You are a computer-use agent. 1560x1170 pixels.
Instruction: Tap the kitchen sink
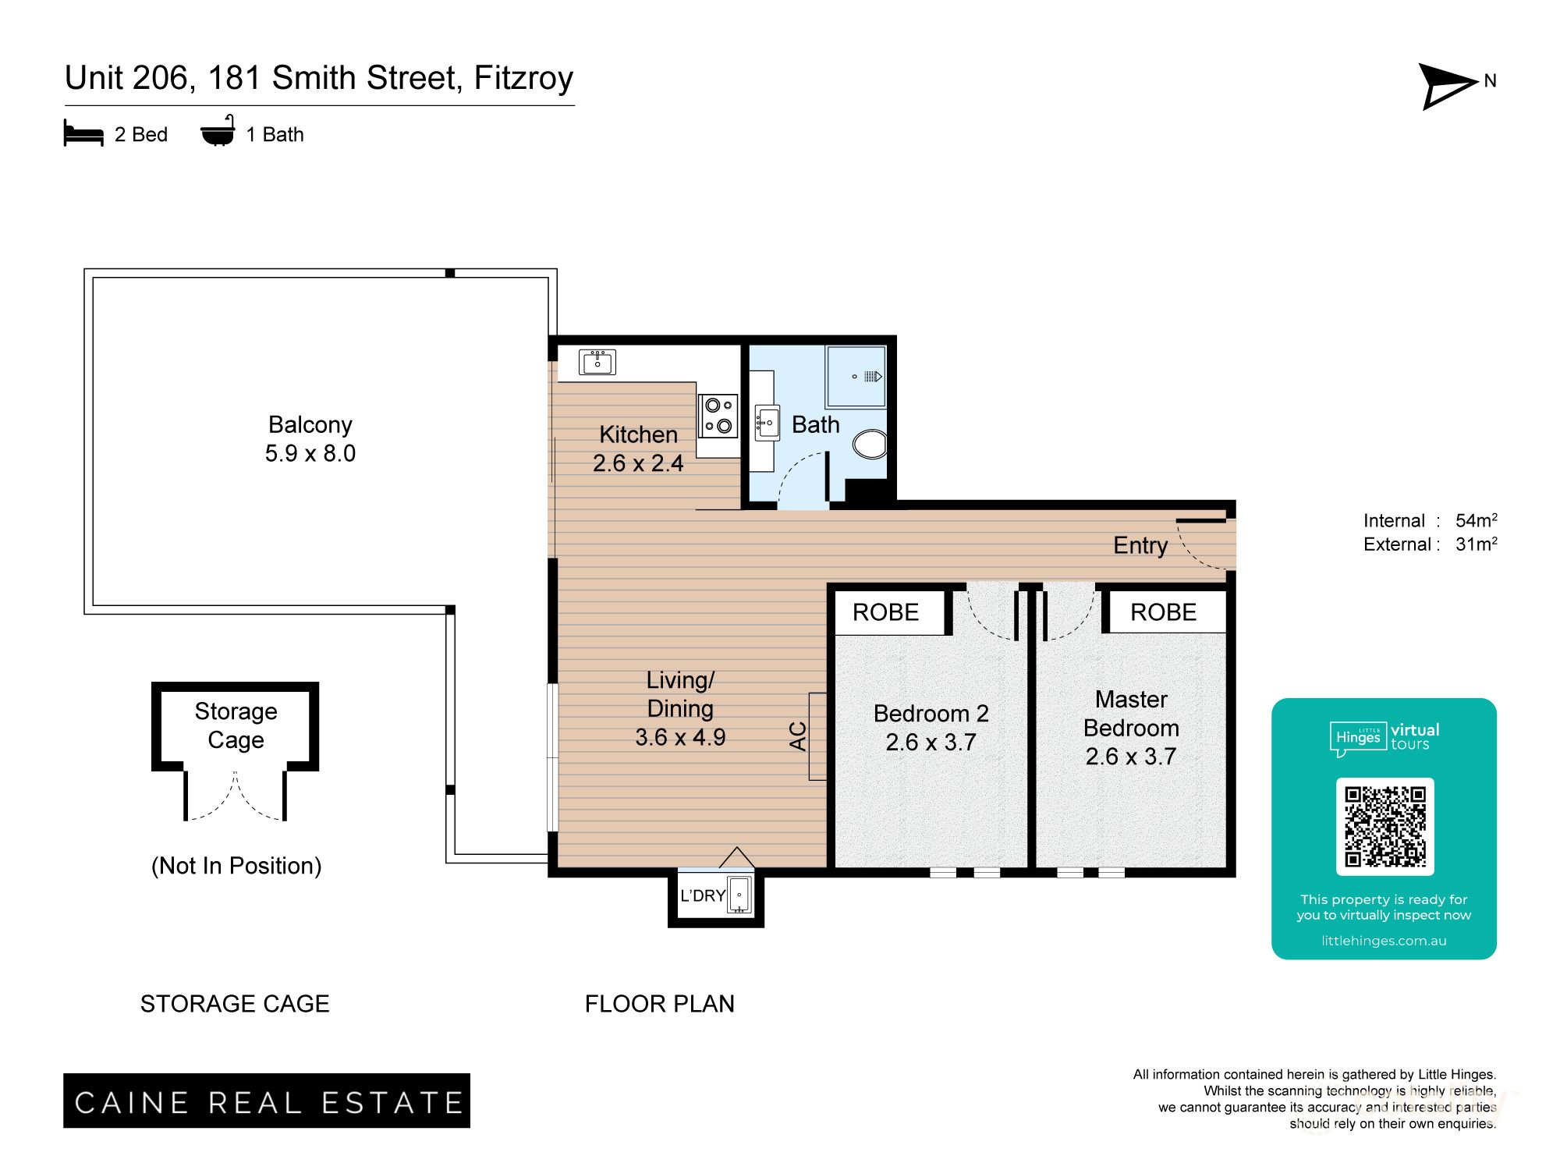coord(597,362)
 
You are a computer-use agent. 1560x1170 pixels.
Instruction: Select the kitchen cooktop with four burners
coord(718,415)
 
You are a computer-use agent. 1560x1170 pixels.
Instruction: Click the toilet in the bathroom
coord(870,444)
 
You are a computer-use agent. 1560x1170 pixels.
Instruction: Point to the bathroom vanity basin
coord(767,423)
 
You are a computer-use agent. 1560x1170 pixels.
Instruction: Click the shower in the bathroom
coord(856,377)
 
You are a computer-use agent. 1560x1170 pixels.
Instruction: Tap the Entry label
coord(1140,545)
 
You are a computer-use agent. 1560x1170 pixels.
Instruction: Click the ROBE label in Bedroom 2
coord(885,612)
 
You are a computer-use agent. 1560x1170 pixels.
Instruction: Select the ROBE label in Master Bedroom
coord(1163,612)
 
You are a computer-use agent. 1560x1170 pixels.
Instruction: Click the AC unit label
coord(797,736)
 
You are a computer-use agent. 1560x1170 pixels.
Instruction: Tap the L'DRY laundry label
coord(703,896)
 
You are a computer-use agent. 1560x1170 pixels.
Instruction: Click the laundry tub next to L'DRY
coord(739,895)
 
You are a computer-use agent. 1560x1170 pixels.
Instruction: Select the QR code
coord(1384,827)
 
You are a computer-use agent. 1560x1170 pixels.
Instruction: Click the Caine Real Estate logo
coord(267,1101)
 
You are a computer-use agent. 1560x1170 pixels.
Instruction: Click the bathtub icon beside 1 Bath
coord(218,133)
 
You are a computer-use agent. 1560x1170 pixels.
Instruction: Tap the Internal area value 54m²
coord(1476,520)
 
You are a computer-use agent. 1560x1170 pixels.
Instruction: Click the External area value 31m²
coord(1476,544)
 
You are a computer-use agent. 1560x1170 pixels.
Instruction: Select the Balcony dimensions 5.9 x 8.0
coord(310,453)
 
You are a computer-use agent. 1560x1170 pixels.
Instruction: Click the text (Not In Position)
coord(236,866)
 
